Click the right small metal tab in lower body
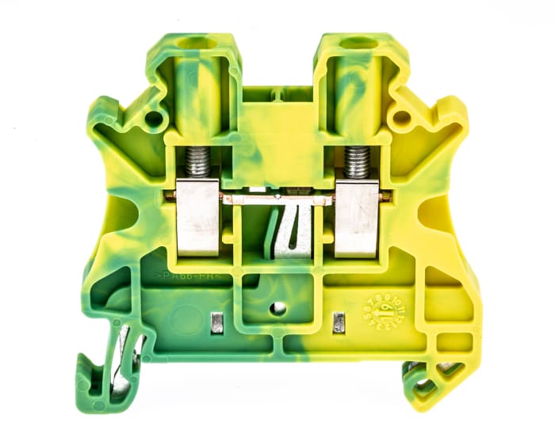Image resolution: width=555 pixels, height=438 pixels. point(339,322)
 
